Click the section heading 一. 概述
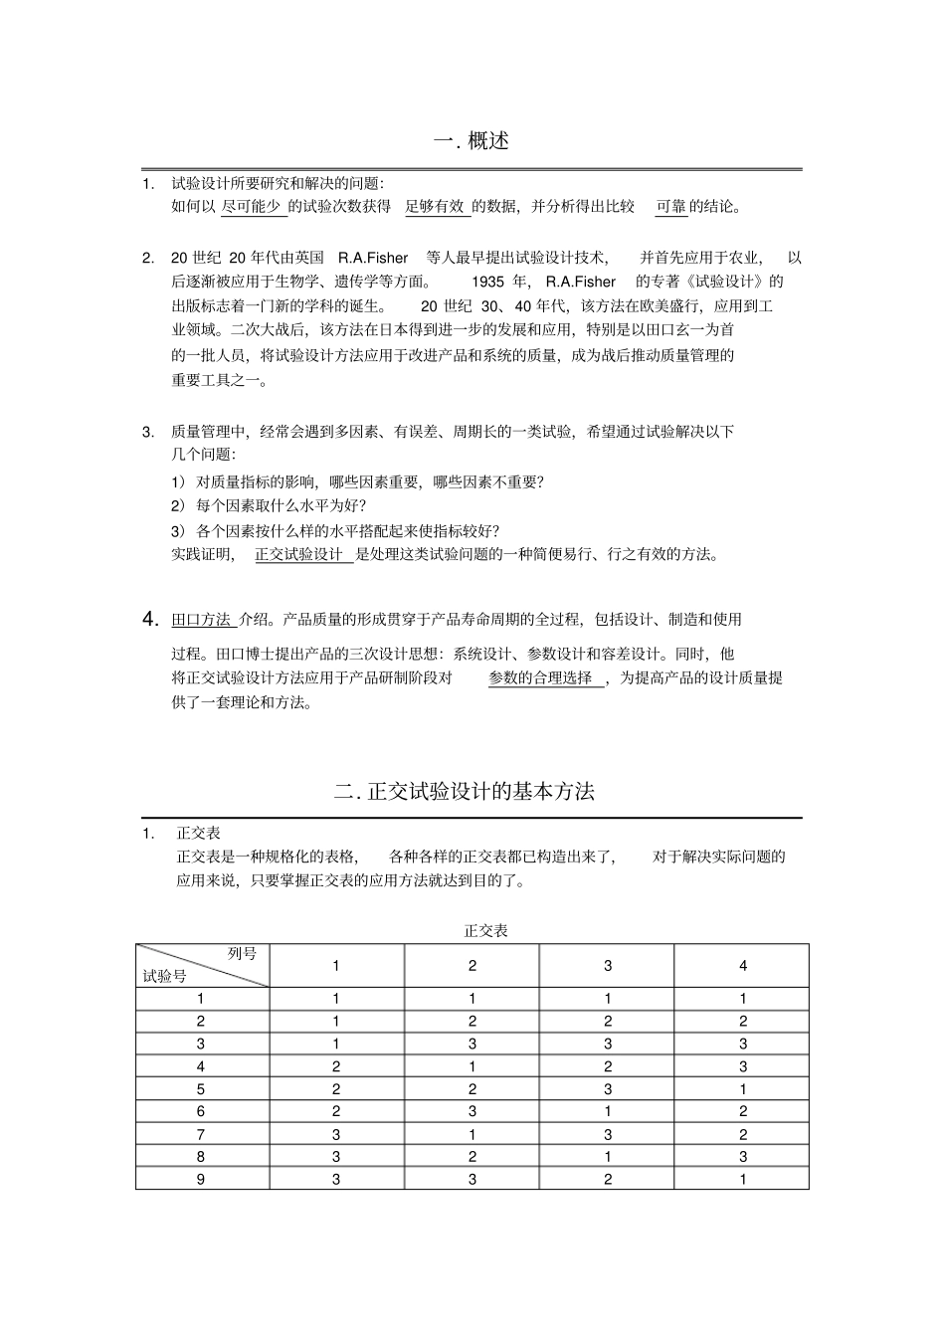click(472, 141)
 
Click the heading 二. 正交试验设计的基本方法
click(465, 792)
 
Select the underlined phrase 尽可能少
click(251, 206)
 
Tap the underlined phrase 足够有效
click(435, 206)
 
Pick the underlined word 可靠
click(670, 206)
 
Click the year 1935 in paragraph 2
click(488, 282)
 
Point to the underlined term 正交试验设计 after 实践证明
click(299, 554)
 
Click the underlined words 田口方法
click(201, 619)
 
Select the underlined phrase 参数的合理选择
click(541, 677)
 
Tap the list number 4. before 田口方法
click(151, 619)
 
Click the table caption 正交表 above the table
click(485, 930)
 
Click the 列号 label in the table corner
click(242, 953)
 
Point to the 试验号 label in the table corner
click(165, 976)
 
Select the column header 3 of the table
click(608, 965)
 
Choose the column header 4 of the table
click(742, 965)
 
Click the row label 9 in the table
click(201, 1179)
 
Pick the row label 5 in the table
click(201, 1088)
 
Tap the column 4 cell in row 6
click(742, 1111)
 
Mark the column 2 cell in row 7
click(472, 1134)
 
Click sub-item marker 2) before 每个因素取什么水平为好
click(178, 505)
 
